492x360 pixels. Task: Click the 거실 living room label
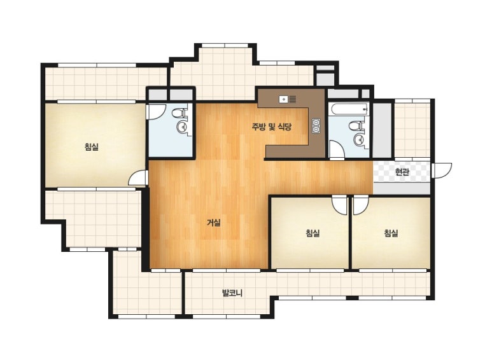click(x=214, y=223)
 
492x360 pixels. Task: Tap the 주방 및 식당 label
click(x=272, y=127)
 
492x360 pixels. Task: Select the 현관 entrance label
click(x=402, y=172)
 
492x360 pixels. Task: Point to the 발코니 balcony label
click(x=232, y=293)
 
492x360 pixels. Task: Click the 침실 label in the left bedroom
click(x=92, y=146)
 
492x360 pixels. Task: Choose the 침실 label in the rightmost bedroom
click(x=391, y=233)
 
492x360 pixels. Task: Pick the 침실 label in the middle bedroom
click(x=313, y=233)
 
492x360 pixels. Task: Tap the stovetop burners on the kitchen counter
click(x=316, y=126)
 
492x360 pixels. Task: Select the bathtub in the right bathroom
click(x=348, y=109)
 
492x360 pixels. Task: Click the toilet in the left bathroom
click(x=181, y=113)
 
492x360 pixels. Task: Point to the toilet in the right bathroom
click(x=356, y=126)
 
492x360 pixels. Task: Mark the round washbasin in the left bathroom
click(x=182, y=127)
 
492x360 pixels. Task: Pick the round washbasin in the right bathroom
click(x=358, y=139)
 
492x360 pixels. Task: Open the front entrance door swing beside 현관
click(x=442, y=171)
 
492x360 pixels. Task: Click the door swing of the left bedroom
click(x=138, y=177)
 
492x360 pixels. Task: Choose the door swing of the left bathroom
click(x=156, y=112)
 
